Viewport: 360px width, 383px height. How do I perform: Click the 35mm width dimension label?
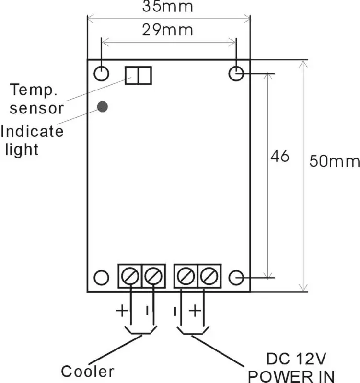click(x=167, y=6)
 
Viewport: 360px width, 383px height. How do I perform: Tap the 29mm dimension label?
click(x=167, y=30)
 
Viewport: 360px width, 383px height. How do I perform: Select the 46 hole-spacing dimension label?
click(x=280, y=156)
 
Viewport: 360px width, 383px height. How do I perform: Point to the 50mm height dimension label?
click(x=334, y=161)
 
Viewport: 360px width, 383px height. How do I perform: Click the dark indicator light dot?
click(x=103, y=107)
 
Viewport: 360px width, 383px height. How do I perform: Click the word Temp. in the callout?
click(x=34, y=90)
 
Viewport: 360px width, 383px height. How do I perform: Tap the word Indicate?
click(x=32, y=131)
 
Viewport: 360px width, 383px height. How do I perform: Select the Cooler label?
click(x=87, y=372)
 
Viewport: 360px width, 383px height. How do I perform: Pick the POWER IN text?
click(x=291, y=376)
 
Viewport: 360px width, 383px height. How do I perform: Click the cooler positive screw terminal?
click(x=130, y=276)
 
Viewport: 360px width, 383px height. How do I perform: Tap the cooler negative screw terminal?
click(x=153, y=276)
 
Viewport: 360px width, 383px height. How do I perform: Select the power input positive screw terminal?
click(x=209, y=276)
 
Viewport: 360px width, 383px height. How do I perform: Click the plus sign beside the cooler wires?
click(x=122, y=311)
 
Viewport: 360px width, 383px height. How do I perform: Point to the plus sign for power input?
click(x=195, y=311)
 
